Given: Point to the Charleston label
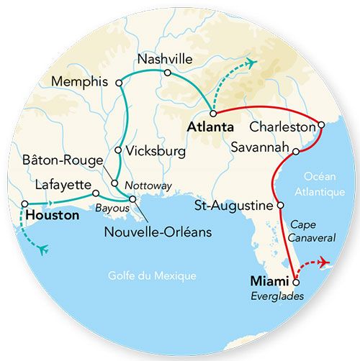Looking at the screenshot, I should (282, 127).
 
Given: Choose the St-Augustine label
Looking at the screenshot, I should (235, 206).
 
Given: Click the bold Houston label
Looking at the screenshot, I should (51, 214).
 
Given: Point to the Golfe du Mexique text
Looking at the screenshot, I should (152, 275).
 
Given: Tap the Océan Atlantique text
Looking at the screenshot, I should (318, 184).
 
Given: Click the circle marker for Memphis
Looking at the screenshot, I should (119, 83).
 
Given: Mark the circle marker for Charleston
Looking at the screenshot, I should (320, 125).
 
